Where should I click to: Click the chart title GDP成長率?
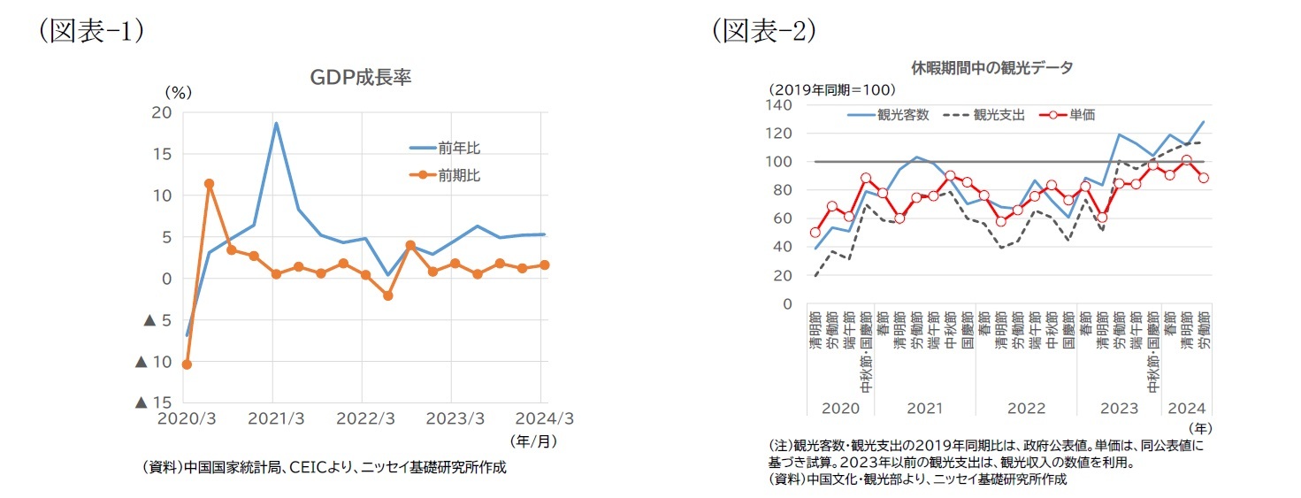coord(360,78)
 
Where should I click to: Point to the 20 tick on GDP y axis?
coord(161,112)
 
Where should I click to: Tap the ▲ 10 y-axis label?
coord(153,362)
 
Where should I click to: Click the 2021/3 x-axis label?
coord(273,418)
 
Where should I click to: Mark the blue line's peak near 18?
coord(276,123)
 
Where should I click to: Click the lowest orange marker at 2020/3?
coord(187,364)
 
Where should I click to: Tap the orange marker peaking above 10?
coord(209,184)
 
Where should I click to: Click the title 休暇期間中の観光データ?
coord(991,68)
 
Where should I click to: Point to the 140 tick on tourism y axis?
coord(780,105)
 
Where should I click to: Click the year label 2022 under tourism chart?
coord(1026,409)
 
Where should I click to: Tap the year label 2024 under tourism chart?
coord(1187,409)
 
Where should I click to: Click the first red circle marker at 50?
coord(815,233)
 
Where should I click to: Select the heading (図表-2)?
coord(764,30)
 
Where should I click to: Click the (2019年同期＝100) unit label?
coord(831,89)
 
